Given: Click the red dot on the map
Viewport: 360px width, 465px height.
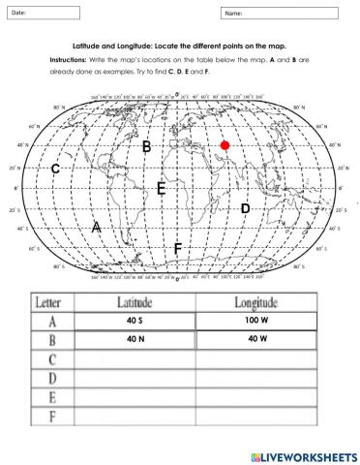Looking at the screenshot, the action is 225,145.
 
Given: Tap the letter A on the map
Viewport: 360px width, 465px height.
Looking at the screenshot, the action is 96,226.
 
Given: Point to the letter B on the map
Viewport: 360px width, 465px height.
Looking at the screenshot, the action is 146,146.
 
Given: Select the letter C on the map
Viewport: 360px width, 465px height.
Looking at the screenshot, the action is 56,169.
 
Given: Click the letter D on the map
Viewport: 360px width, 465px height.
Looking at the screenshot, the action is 245,208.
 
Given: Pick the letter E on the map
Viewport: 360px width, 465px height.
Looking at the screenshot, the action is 162,188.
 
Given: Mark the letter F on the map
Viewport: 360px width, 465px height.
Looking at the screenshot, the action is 177,249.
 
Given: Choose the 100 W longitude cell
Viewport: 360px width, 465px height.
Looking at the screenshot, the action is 255,322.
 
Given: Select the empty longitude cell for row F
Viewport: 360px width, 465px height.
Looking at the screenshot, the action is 255,418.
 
